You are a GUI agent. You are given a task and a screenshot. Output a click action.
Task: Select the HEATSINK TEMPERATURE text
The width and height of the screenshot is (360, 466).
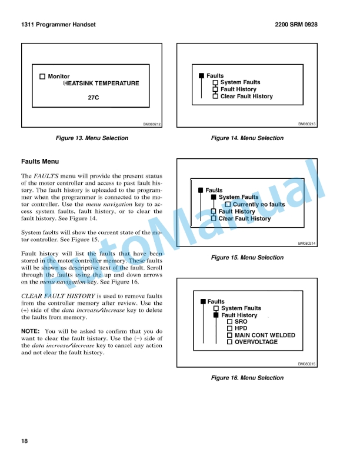tap(101, 84)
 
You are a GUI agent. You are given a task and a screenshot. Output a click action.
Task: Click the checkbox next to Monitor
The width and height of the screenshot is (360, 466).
tap(42, 76)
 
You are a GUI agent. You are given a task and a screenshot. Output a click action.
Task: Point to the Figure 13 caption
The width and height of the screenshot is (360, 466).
tap(91, 138)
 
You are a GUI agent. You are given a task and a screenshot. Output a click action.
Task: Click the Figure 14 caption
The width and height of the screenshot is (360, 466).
tap(247, 138)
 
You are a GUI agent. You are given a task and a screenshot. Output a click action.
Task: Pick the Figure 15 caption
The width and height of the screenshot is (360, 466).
tap(247, 258)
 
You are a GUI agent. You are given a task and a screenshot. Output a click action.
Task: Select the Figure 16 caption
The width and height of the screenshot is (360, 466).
tap(247, 378)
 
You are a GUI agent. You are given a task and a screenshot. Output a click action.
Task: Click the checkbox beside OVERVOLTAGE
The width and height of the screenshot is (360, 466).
tap(230, 342)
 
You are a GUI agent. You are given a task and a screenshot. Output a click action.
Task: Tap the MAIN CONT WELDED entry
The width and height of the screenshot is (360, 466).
tap(265, 335)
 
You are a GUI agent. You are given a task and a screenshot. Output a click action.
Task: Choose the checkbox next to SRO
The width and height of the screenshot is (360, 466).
tap(230, 322)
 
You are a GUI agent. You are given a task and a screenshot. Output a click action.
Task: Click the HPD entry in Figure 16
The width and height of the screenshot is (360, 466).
tap(241, 329)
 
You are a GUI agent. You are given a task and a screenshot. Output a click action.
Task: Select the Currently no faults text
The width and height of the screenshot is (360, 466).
tap(259, 205)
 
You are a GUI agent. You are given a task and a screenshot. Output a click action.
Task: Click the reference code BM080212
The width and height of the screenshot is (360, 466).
tap(152, 125)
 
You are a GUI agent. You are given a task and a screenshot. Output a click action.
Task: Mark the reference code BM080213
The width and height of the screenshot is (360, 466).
tap(307, 125)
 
